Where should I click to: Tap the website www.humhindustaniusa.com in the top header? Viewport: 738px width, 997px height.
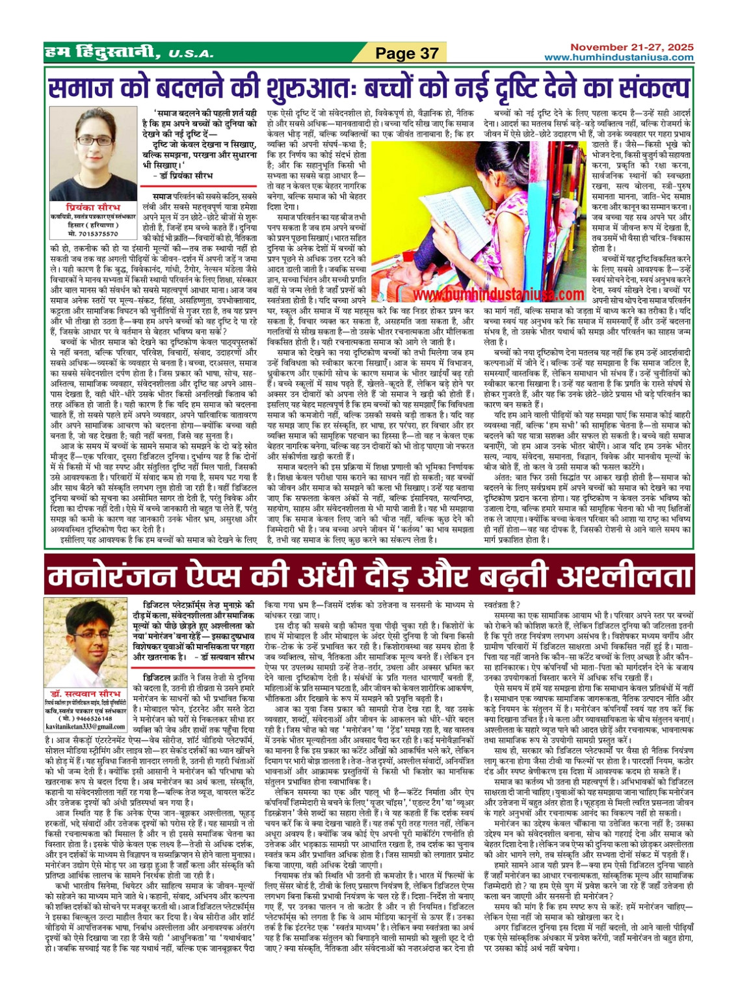[619, 57]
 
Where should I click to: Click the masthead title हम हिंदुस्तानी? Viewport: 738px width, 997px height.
[102, 52]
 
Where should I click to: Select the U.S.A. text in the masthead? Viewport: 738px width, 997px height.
[187, 55]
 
